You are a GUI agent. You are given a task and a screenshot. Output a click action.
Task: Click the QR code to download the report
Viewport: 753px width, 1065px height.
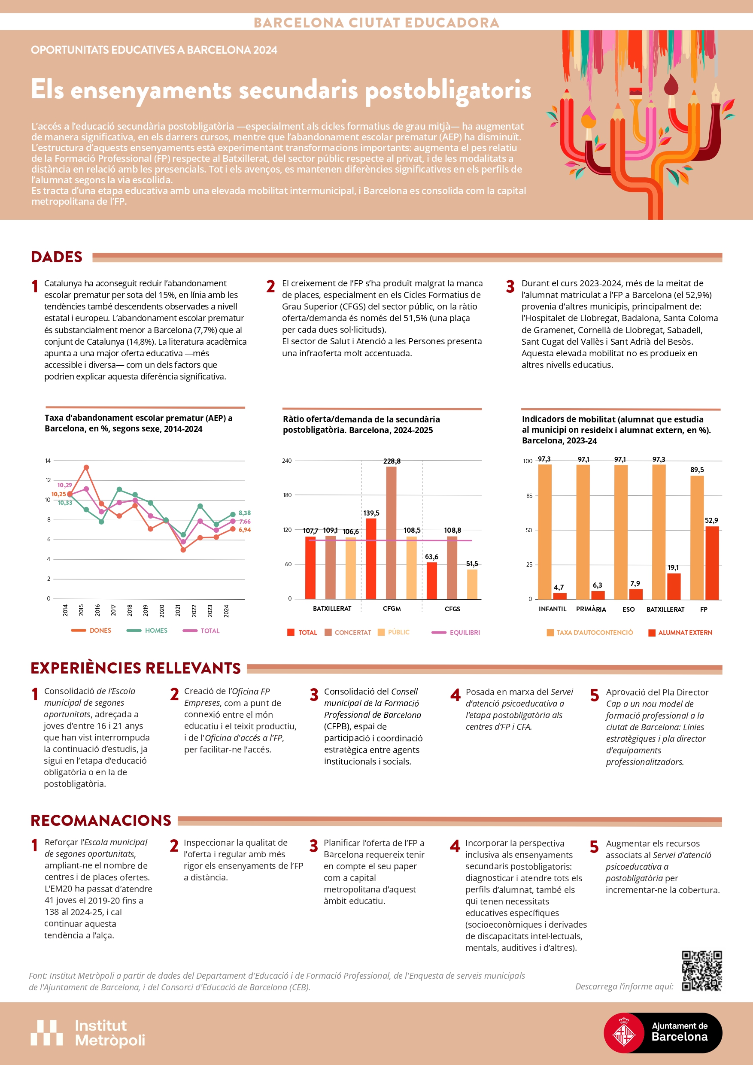(x=701, y=971)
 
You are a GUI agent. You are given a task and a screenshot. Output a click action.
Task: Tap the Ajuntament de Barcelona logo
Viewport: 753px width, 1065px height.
(x=662, y=1032)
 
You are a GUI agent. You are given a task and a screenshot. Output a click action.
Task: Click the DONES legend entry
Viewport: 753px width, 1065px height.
(x=100, y=631)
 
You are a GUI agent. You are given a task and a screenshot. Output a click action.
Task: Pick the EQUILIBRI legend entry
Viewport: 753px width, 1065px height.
(x=465, y=633)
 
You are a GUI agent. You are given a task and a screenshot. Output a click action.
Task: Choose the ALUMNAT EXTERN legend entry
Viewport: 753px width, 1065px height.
(x=684, y=633)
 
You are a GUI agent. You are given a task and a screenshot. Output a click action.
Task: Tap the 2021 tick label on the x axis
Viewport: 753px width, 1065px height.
(x=178, y=610)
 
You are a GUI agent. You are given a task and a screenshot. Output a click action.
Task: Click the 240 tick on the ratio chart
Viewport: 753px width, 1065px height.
(x=287, y=461)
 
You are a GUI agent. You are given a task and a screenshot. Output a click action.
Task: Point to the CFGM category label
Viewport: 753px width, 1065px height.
(x=392, y=609)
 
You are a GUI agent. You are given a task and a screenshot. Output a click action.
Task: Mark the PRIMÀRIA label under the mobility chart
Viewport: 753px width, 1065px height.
(x=591, y=609)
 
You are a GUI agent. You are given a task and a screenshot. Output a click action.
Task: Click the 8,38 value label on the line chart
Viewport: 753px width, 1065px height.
(x=245, y=513)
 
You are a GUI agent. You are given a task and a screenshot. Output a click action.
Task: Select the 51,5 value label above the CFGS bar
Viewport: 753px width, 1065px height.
(x=472, y=564)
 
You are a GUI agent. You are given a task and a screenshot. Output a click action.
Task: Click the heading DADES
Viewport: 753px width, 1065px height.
(x=57, y=257)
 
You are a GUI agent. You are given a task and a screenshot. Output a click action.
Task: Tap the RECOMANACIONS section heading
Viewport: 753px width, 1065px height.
(x=101, y=820)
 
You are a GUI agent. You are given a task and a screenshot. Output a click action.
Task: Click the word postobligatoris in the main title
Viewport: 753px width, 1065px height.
(x=448, y=90)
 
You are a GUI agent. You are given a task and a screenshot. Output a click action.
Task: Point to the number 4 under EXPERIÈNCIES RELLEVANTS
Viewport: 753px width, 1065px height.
(x=455, y=695)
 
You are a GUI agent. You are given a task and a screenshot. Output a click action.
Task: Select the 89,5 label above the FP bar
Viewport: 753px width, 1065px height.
(x=696, y=470)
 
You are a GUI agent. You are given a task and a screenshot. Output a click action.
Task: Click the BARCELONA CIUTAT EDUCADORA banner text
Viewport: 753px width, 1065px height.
(x=376, y=22)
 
